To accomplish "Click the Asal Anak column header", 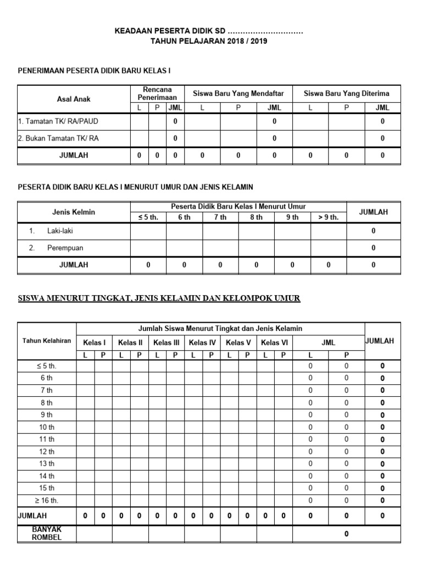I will (x=74, y=99).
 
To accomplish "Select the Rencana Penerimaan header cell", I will (x=157, y=93).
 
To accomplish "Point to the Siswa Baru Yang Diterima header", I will (x=346, y=93).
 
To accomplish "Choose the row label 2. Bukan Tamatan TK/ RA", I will (x=58, y=138).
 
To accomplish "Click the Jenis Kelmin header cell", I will (x=74, y=212).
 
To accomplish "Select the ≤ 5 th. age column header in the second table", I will (x=148, y=217).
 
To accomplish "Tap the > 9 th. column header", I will (x=328, y=217).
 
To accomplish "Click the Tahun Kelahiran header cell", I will (x=47, y=341).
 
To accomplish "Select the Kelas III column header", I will (x=166, y=343).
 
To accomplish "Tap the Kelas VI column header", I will (x=274, y=343).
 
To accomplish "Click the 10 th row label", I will (x=47, y=427).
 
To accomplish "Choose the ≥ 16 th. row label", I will (x=47, y=500).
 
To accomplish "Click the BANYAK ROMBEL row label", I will (x=47, y=533).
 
